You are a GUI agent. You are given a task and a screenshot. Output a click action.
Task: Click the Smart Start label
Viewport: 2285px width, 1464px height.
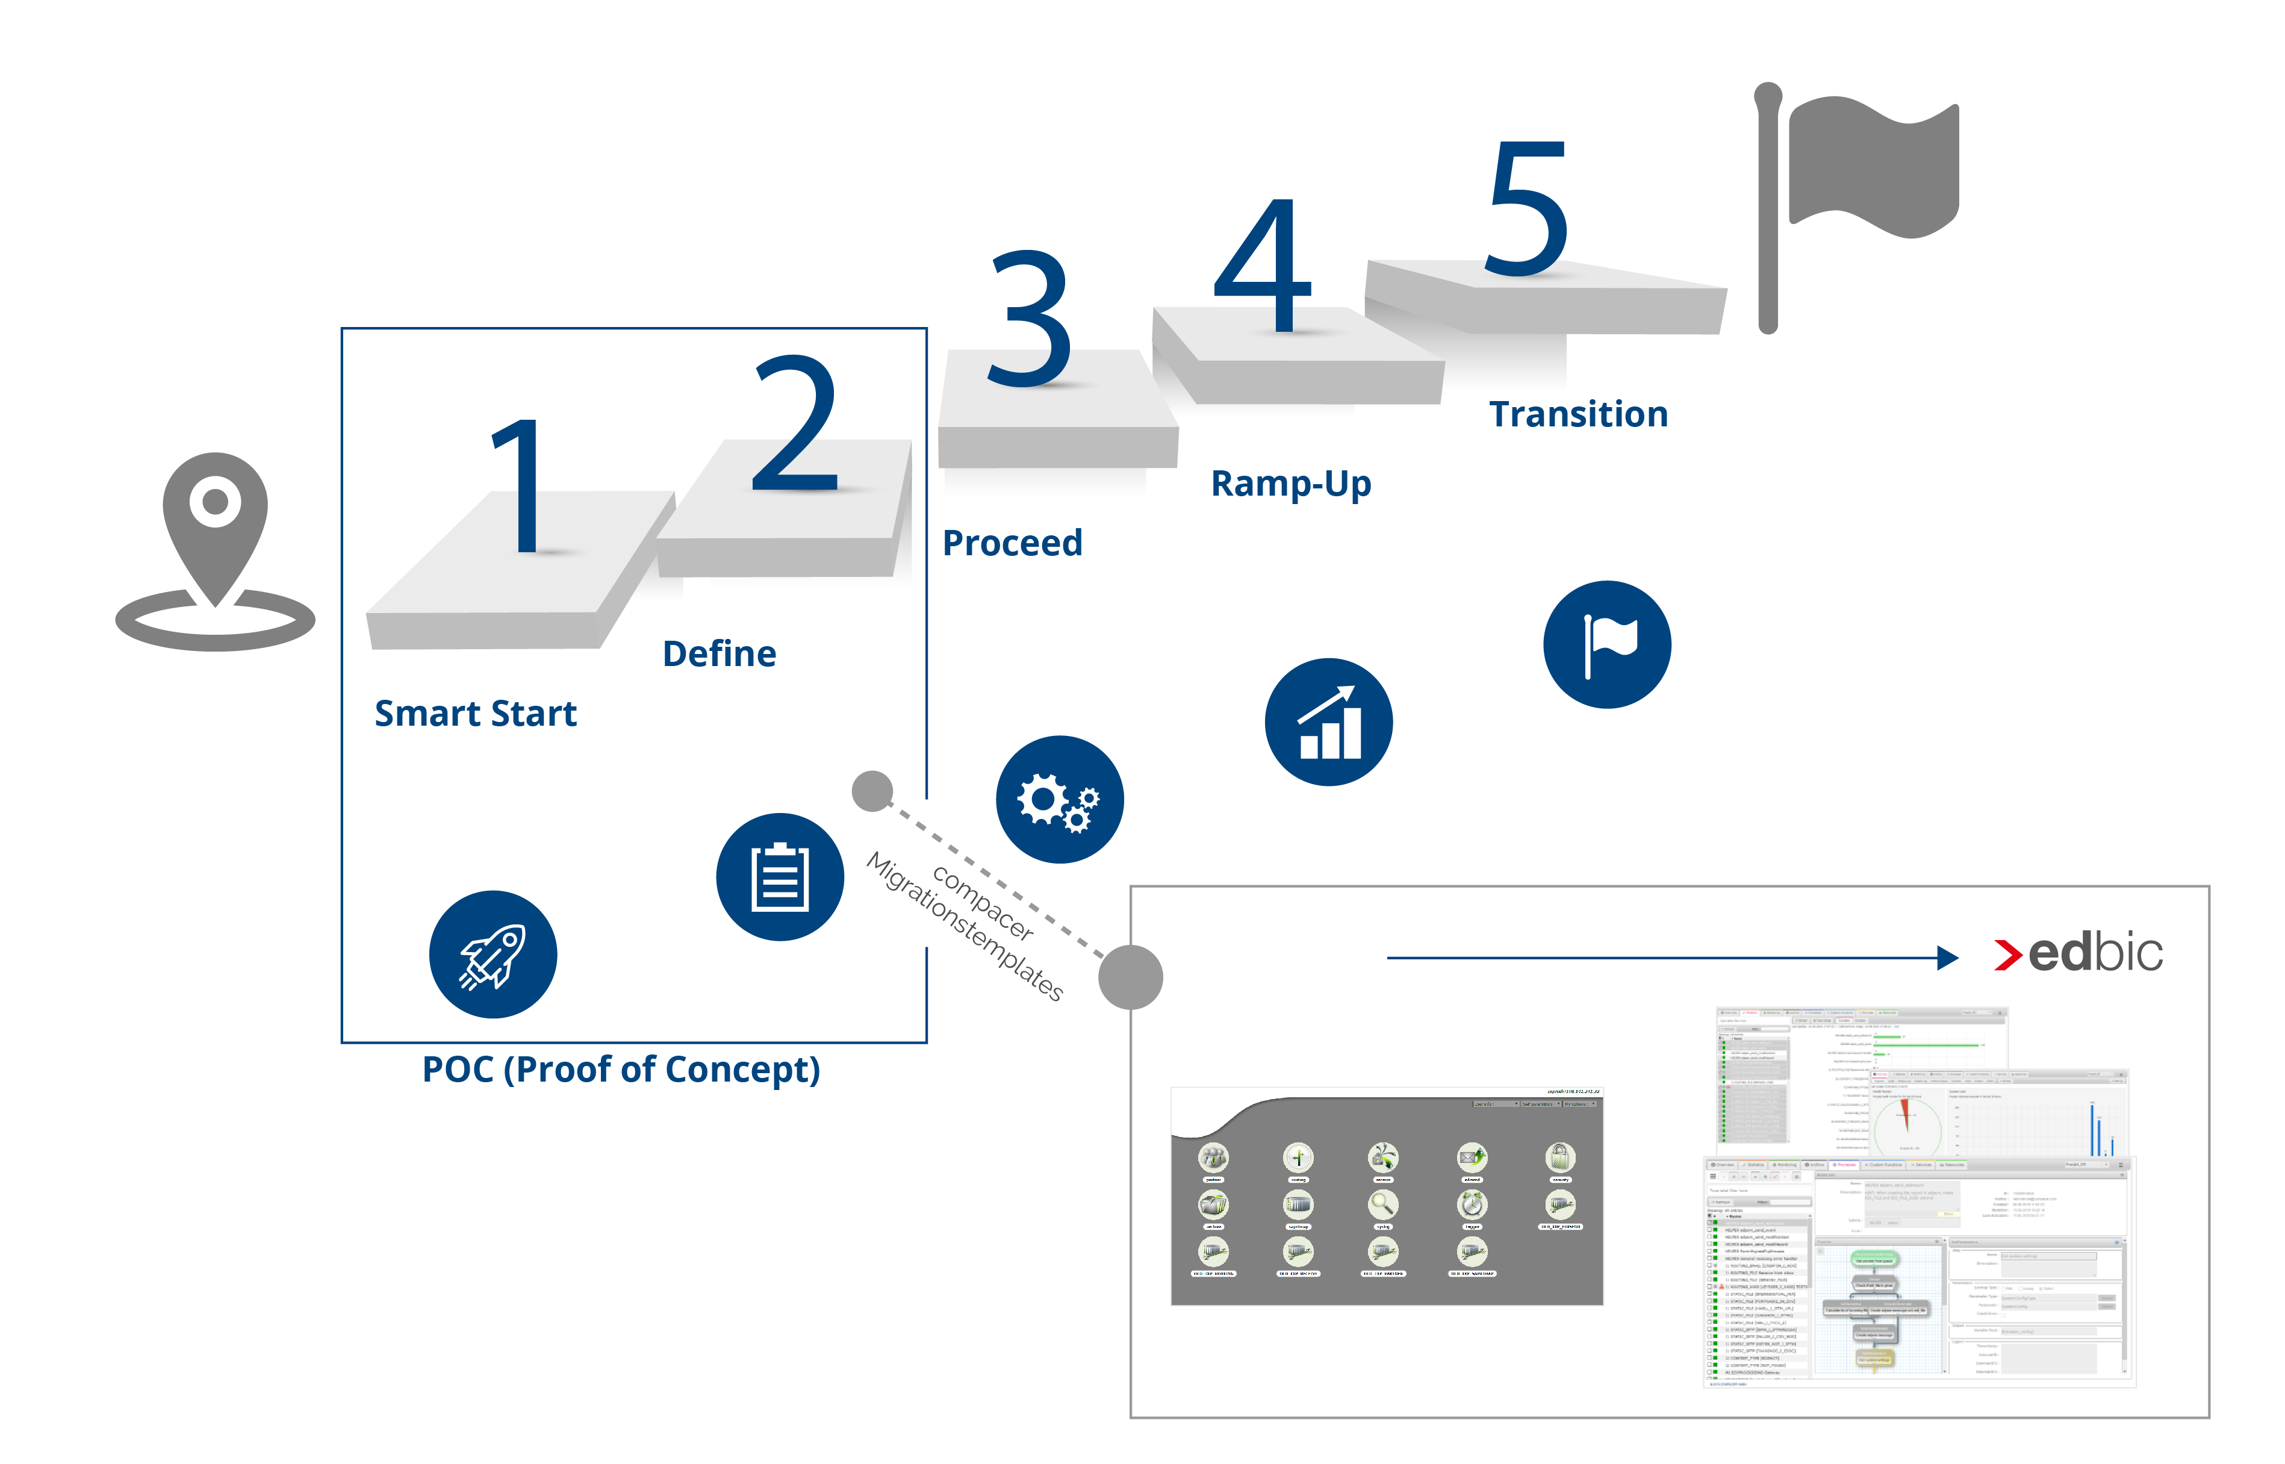pos(475,713)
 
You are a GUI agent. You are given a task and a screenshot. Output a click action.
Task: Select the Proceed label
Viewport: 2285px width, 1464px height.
pos(1012,543)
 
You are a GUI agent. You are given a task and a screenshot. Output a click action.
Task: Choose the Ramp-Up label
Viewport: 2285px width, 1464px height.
pos(1291,484)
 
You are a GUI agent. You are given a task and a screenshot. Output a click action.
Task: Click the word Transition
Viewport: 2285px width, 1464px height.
pos(1578,414)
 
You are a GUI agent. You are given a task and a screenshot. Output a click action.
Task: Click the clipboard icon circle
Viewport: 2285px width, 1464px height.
pos(779,876)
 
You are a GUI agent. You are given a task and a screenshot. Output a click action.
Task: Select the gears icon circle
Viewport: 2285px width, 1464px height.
pos(1059,800)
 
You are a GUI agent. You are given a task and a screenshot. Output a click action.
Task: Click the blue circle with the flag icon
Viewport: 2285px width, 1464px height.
pos(1606,644)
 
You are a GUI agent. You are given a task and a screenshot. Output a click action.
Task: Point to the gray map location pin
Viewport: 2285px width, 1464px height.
pos(215,542)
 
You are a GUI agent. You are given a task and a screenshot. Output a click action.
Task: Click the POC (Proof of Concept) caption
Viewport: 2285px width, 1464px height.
pos(621,1070)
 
